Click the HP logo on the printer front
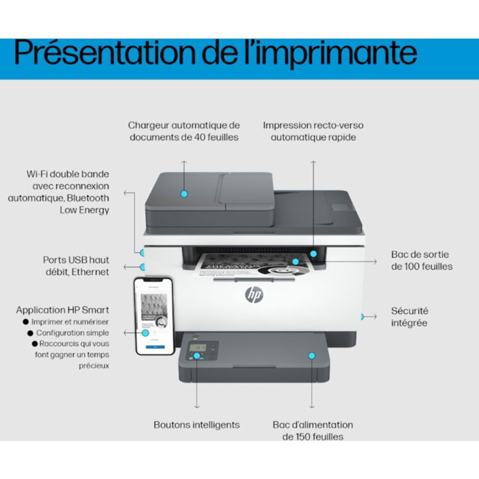(x=254, y=295)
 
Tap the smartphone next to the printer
(x=154, y=315)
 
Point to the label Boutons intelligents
(x=196, y=425)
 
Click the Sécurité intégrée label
(x=409, y=317)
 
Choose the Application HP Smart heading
(x=62, y=310)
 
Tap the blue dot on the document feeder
(x=183, y=194)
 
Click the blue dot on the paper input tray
(x=311, y=356)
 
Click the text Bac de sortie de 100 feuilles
(x=422, y=260)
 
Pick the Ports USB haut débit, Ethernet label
(x=75, y=266)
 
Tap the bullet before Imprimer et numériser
(x=25, y=322)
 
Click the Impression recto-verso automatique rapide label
(x=313, y=131)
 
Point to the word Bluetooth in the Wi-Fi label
(x=84, y=198)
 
